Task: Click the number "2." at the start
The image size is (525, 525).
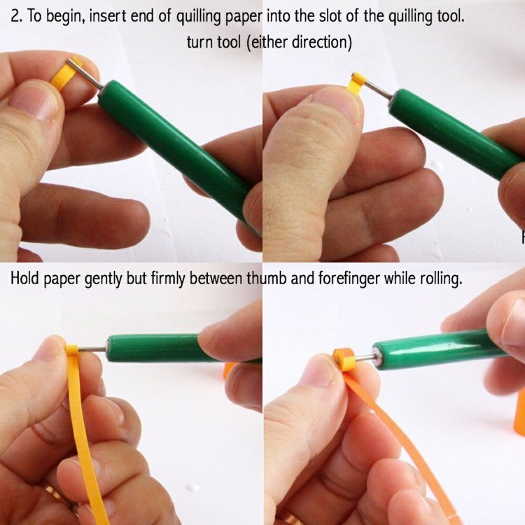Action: [17, 16]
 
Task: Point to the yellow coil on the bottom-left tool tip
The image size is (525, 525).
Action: [71, 350]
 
